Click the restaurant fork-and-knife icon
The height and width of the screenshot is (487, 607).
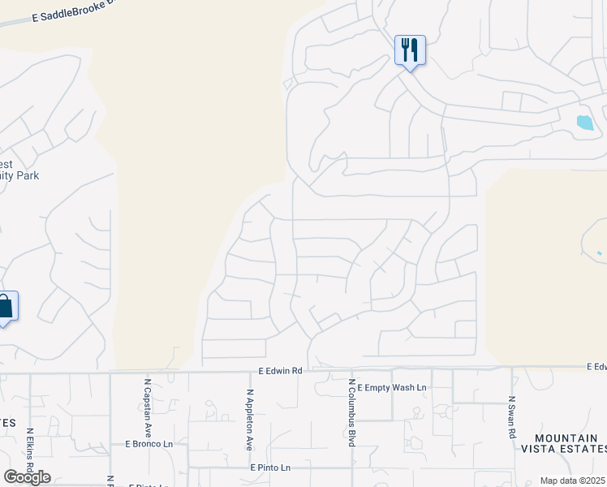(x=410, y=50)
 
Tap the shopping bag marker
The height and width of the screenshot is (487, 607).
(x=5, y=306)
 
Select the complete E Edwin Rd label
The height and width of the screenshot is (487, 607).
(x=281, y=370)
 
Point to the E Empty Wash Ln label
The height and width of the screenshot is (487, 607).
(x=391, y=388)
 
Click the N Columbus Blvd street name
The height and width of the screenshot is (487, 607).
(x=351, y=412)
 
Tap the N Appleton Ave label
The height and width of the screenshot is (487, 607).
(x=250, y=420)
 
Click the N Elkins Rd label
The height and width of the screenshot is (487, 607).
(x=29, y=454)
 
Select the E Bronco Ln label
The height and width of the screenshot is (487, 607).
(x=149, y=444)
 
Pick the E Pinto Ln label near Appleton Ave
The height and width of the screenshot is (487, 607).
(x=270, y=468)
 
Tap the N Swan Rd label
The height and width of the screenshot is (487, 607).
(x=511, y=417)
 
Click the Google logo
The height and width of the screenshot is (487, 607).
(x=27, y=476)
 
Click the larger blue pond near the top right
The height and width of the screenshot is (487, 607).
(x=584, y=123)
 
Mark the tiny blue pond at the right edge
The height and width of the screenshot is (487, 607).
(x=600, y=253)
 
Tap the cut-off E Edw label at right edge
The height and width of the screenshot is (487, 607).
(x=596, y=367)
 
